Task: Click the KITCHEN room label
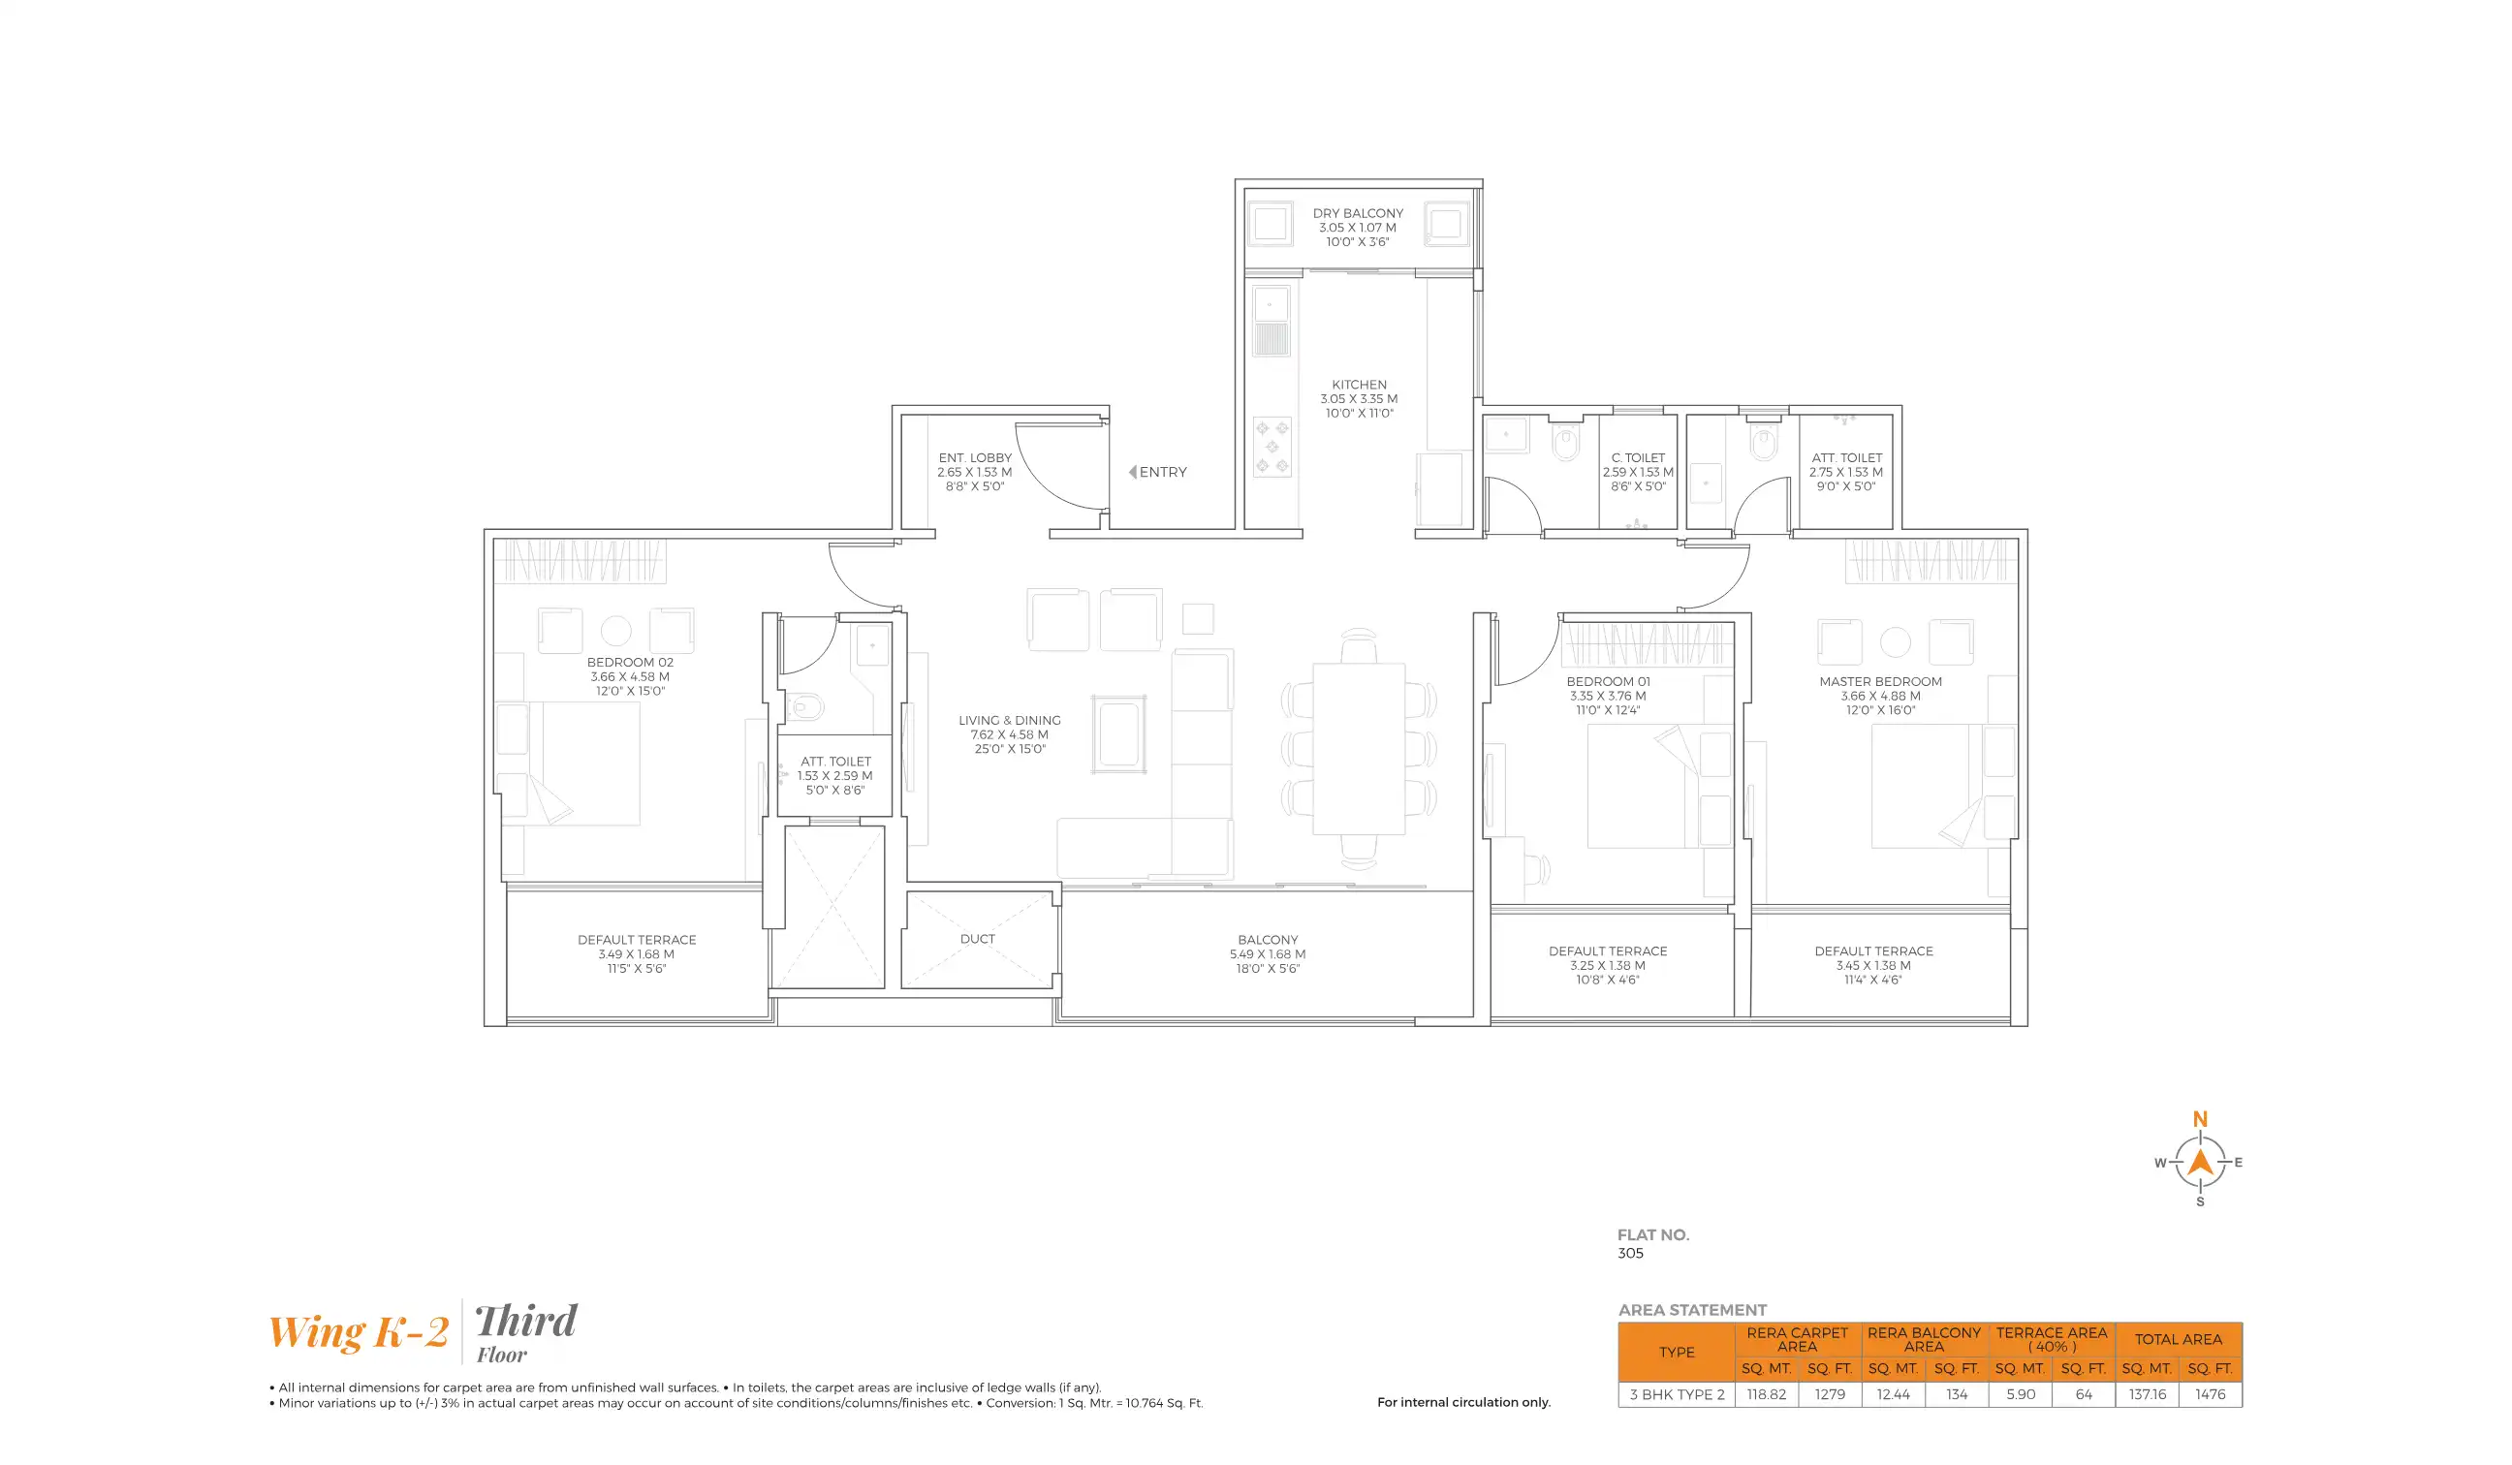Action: pos(1359,385)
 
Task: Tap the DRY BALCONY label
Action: pos(1358,213)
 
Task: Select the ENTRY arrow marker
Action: pos(1132,473)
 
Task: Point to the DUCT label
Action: pos(977,939)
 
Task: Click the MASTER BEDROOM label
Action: pos(1880,682)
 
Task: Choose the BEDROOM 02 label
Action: pos(630,662)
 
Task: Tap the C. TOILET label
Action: pos(1638,458)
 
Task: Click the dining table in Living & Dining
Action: pos(1359,748)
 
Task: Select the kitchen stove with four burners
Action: pos(1272,448)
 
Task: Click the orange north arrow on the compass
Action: pos(2200,1161)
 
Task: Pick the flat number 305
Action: pos(1631,1254)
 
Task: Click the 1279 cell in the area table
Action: pos(1829,1394)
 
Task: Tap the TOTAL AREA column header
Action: pos(2178,1339)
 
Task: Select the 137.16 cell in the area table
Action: pos(2148,1394)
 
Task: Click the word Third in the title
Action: pos(525,1322)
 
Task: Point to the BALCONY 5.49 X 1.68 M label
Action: pos(1267,953)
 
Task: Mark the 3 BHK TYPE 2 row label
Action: pos(1677,1394)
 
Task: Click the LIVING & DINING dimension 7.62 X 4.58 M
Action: pos(1009,734)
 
